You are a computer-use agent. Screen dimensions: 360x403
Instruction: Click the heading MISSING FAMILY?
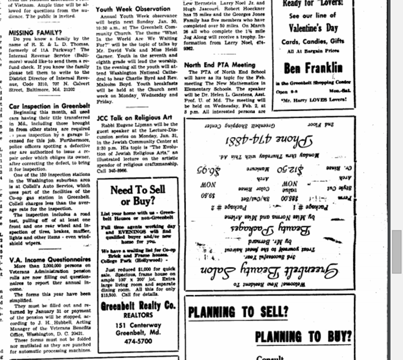pos(36,33)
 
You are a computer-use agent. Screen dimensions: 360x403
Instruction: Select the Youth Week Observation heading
pos(133,8)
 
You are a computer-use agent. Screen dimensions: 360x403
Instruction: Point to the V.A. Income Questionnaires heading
pos(50,260)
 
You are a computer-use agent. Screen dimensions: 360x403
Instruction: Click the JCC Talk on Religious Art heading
pos(134,117)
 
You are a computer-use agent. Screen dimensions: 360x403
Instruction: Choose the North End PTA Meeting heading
pos(220,64)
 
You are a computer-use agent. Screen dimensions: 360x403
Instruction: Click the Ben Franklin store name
pos(313,68)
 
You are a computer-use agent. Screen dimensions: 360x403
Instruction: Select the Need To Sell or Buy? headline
pos(138,195)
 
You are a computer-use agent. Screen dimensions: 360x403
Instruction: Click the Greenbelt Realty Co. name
pos(138,306)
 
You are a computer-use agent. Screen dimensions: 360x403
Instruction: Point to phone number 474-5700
pos(138,341)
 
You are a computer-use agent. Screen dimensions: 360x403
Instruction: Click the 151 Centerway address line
pos(138,325)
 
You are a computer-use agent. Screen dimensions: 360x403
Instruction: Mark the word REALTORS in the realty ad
pos(138,316)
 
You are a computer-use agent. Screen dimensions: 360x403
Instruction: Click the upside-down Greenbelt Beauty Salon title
pos(270,269)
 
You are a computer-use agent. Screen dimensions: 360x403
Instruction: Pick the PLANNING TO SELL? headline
pos(238,312)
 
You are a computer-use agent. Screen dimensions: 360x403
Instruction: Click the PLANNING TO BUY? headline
pos(303,337)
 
